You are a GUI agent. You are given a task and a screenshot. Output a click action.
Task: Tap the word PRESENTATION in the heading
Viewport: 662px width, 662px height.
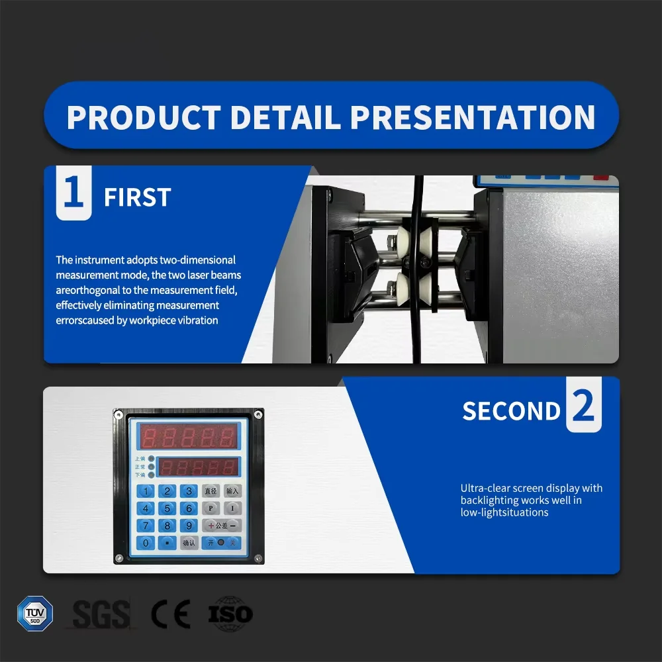click(x=473, y=117)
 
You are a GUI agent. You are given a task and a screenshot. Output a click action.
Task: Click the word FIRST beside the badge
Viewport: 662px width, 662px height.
click(x=138, y=197)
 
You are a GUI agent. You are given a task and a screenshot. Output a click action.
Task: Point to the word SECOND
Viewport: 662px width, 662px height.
click(x=511, y=411)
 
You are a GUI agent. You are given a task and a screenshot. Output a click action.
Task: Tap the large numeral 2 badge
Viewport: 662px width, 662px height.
click(x=583, y=408)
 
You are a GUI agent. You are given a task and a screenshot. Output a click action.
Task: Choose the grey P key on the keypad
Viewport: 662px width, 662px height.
click(x=211, y=508)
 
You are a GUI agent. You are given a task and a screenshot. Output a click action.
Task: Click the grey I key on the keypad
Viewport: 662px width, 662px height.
click(x=232, y=508)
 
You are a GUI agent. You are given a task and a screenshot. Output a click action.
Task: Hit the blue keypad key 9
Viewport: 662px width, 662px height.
click(x=189, y=526)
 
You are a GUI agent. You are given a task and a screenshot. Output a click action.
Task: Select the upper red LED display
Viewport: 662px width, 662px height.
click(x=188, y=436)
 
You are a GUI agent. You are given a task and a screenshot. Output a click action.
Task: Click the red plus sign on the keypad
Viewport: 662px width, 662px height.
click(x=211, y=526)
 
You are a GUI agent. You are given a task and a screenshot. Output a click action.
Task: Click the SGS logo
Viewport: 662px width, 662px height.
click(x=101, y=614)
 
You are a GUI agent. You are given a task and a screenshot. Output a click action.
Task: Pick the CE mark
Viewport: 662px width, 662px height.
click(x=171, y=614)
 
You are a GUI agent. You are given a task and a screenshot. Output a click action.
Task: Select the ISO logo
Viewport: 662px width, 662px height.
click(x=230, y=614)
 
